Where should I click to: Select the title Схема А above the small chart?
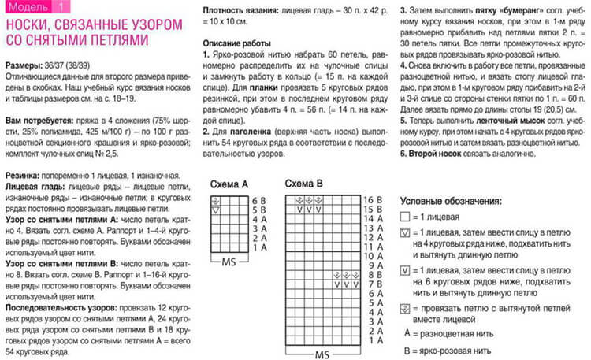(x=229, y=184)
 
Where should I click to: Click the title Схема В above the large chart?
(x=304, y=184)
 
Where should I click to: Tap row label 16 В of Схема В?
(x=372, y=200)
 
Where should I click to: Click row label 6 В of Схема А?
(x=258, y=200)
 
